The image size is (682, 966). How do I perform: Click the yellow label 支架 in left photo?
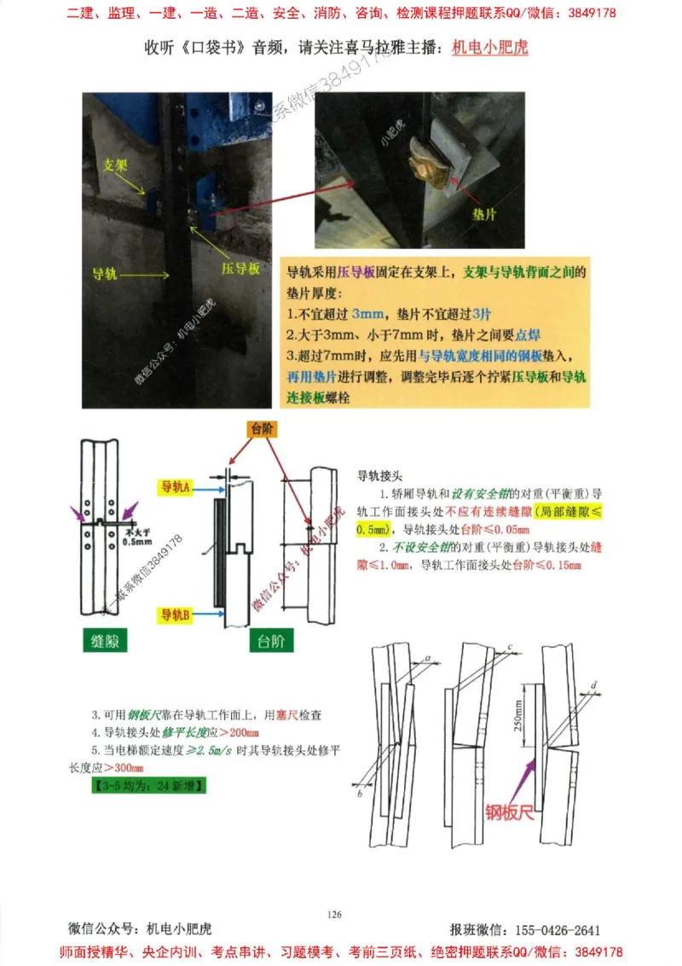click(116, 164)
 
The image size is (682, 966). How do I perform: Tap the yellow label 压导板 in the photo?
click(241, 268)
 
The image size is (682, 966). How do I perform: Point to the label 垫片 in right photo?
click(484, 215)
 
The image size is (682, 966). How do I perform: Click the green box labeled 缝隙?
click(105, 643)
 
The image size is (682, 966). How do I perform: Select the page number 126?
click(334, 915)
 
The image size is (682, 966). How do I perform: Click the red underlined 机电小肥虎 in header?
click(489, 48)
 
